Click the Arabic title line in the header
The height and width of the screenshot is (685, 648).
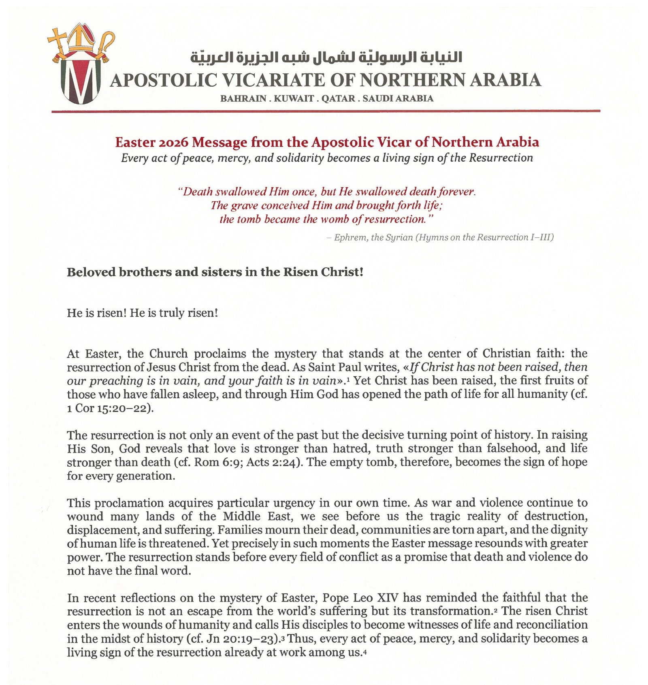pos(326,58)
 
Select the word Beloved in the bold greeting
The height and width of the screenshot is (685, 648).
pos(91,272)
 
